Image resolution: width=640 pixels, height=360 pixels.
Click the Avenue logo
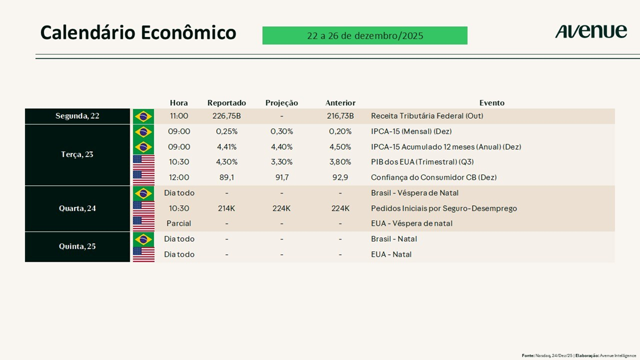coord(591,32)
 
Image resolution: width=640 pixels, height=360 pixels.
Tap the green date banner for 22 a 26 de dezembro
coord(365,35)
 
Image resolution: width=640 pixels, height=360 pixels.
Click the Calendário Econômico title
coord(138,32)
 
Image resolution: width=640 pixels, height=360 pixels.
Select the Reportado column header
coord(226,103)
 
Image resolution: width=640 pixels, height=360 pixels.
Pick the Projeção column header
coord(282,103)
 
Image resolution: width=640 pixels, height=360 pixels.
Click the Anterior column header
coord(340,103)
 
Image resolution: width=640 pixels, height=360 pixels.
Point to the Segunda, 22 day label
coord(77,116)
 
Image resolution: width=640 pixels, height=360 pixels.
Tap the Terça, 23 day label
coord(77,154)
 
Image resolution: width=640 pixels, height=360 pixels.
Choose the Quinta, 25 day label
coord(77,246)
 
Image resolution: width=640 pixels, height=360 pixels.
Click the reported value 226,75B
coord(226,116)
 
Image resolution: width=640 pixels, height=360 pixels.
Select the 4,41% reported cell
coord(226,147)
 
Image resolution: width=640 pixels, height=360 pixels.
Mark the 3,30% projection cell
coord(282,162)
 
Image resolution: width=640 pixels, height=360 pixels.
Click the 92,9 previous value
coord(340,177)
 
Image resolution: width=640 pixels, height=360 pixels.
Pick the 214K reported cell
coord(226,208)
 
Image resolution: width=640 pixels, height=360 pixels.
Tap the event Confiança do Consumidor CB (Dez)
coord(433,177)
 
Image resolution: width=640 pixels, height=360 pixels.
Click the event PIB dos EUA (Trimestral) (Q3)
coord(422,162)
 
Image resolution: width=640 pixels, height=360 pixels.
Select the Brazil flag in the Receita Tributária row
coord(143,116)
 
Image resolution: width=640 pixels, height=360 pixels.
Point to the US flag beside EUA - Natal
coord(143,254)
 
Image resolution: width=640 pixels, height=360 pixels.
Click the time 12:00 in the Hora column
coord(179,177)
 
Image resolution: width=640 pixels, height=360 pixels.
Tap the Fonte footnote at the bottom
coord(579,355)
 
